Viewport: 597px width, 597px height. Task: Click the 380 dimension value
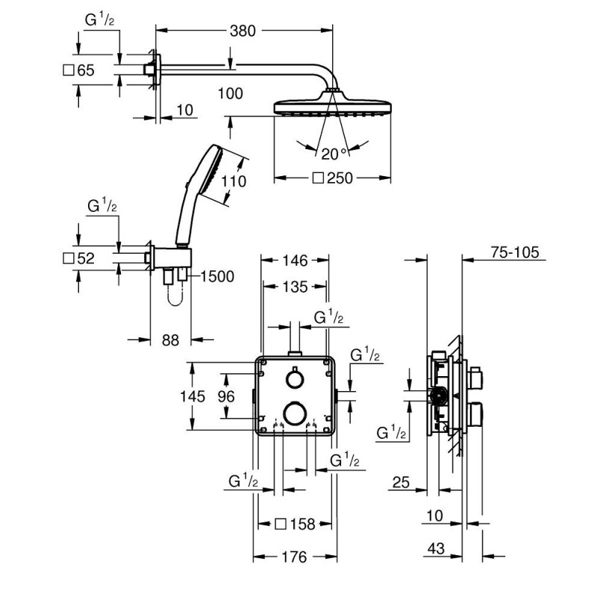[243, 31]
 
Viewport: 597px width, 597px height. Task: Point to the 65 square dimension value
[85, 71]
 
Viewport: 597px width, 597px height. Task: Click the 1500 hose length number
[217, 276]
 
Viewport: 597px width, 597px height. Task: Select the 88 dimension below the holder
[171, 340]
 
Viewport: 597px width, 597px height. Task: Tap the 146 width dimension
[295, 260]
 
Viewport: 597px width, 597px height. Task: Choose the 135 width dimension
[294, 287]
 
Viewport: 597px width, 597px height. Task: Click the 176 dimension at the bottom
[294, 556]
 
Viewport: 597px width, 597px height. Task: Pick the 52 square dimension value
[85, 258]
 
